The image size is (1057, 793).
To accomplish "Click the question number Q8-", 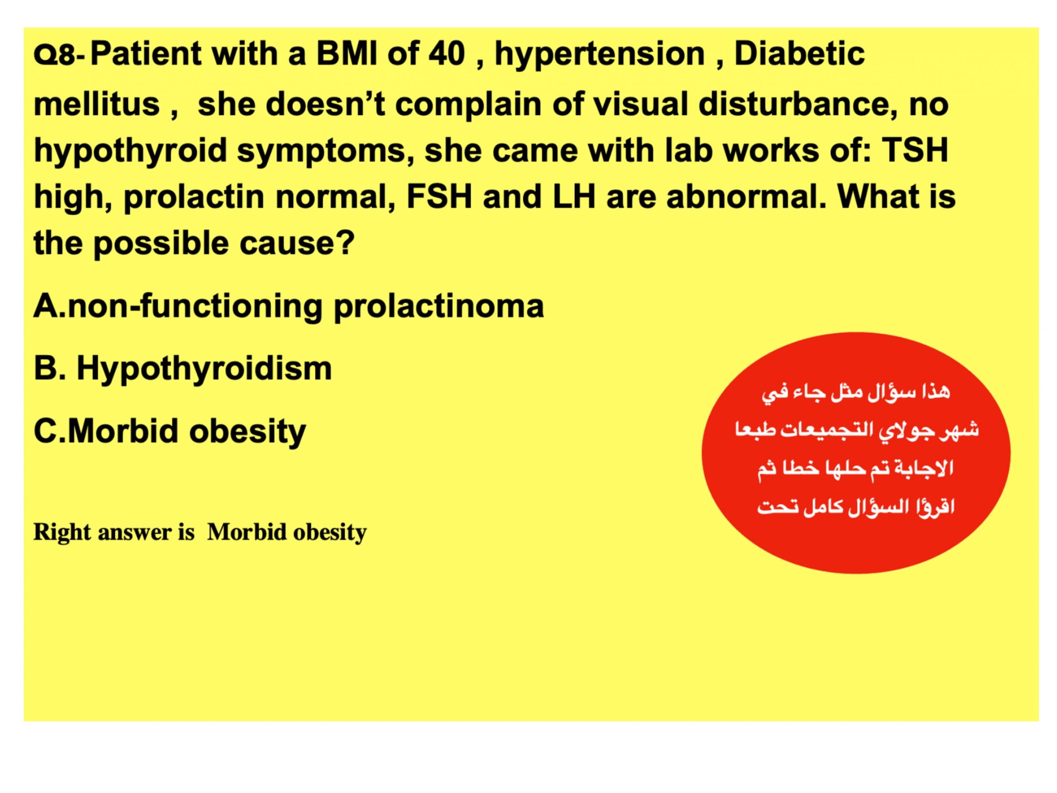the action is (x=59, y=56).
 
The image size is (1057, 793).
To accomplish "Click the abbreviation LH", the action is (x=574, y=197).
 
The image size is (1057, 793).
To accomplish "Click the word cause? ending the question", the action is (x=297, y=243).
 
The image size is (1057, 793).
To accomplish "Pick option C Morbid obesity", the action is (x=170, y=432).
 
